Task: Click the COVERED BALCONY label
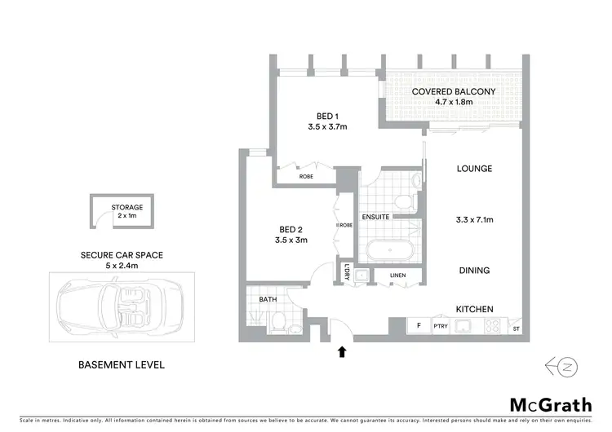(453, 92)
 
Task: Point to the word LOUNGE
(474, 169)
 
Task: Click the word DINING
(473, 271)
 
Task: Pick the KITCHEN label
(473, 311)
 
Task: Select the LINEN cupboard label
(397, 276)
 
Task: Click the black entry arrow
(341, 352)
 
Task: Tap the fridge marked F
(419, 326)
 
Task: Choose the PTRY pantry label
(441, 327)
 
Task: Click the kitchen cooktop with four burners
(493, 326)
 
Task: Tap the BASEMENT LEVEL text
(121, 364)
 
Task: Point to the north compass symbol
(564, 366)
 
